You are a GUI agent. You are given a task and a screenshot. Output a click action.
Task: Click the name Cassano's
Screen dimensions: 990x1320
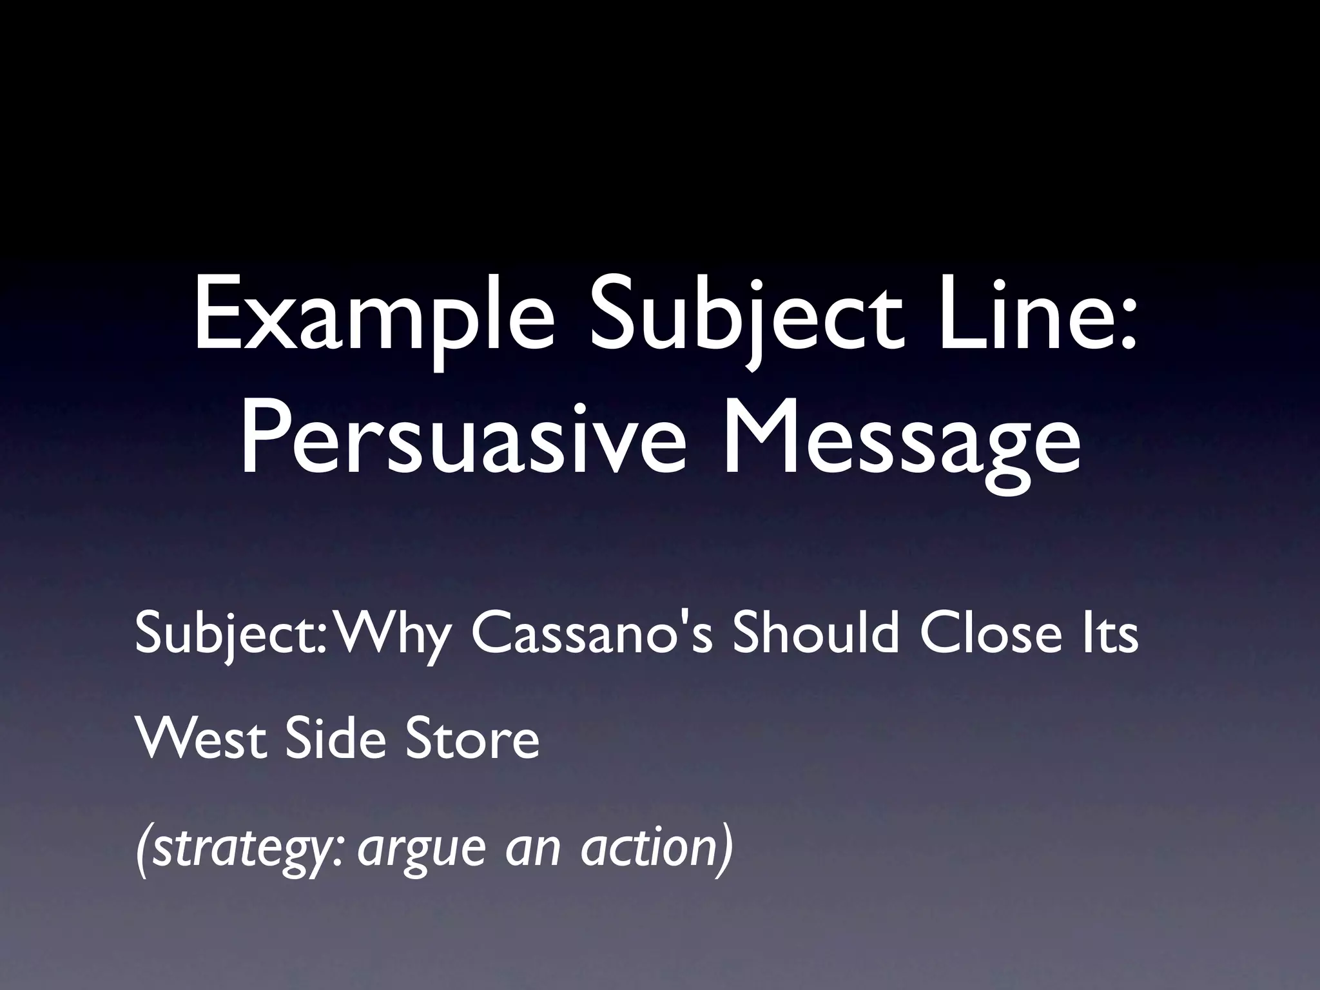point(592,634)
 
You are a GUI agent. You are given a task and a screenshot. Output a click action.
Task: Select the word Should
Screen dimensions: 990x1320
point(815,634)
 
